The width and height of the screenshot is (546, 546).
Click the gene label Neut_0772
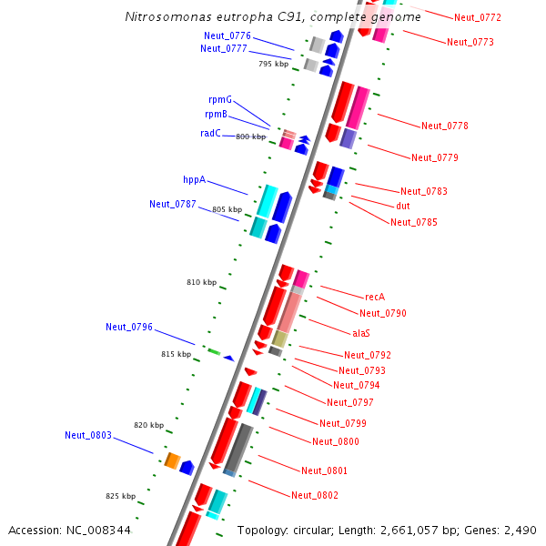[477, 17]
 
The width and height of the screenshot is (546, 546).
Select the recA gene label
[375, 297]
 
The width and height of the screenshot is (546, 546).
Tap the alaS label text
[361, 332]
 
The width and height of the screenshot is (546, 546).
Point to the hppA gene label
[194, 179]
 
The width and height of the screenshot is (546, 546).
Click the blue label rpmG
[220, 98]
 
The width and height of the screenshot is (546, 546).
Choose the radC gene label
[210, 133]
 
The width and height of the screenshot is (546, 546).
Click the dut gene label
[402, 206]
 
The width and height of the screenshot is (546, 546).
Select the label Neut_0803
[88, 435]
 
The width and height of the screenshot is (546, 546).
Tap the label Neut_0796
[129, 327]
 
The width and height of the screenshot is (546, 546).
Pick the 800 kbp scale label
[250, 136]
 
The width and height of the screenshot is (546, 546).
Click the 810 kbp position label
[201, 283]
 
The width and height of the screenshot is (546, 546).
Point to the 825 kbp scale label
[120, 496]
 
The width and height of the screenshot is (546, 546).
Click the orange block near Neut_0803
[171, 460]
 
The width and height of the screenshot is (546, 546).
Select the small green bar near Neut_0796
[214, 351]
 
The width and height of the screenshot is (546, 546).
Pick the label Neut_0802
[315, 495]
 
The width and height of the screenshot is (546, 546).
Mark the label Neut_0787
[173, 204]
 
